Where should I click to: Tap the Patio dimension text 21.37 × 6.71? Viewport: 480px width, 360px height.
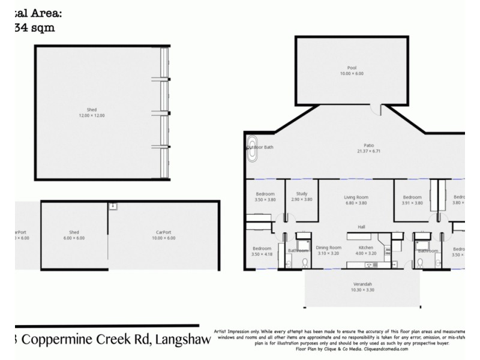tap(368, 151)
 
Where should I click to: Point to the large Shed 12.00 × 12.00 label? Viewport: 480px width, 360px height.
tap(91, 112)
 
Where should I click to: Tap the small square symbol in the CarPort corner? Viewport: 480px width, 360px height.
tap(112, 206)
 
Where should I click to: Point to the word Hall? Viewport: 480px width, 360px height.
tap(361, 227)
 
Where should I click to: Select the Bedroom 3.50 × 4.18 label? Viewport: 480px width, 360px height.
tap(263, 251)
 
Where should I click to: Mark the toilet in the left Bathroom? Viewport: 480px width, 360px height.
tap(305, 262)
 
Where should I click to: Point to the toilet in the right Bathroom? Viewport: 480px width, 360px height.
tap(420, 262)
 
